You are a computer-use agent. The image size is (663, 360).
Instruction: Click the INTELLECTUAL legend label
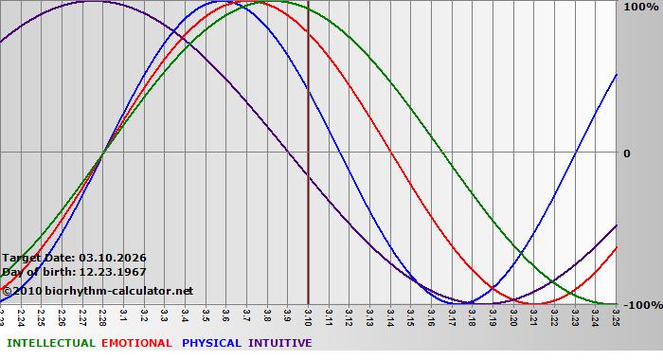pos(51,343)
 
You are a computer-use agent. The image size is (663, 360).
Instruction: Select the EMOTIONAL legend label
pos(136,343)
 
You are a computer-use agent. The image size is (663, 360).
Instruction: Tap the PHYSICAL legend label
pos(212,343)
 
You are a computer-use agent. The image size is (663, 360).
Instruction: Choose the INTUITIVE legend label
pos(280,343)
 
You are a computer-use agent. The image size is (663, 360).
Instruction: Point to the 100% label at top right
pos(638,8)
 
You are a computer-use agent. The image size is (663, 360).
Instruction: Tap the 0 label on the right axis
pos(626,153)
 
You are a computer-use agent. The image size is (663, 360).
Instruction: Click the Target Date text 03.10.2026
pos(113,258)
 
